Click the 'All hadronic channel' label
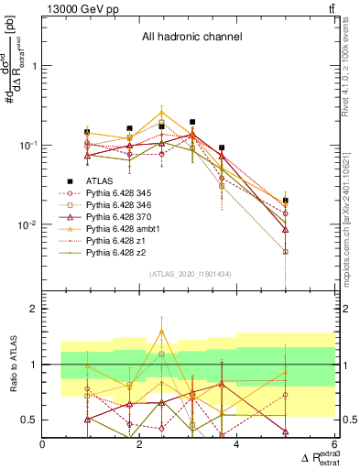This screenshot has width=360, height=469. (191, 37)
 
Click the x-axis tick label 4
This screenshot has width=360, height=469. (237, 446)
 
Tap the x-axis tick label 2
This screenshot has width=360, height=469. (140, 446)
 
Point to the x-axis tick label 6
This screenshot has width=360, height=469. (334, 446)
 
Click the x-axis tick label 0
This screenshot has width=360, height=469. (43, 446)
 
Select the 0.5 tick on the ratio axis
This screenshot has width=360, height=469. (30, 420)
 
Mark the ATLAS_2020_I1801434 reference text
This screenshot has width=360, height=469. (190, 275)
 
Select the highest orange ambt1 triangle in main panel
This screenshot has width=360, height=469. (161, 112)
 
